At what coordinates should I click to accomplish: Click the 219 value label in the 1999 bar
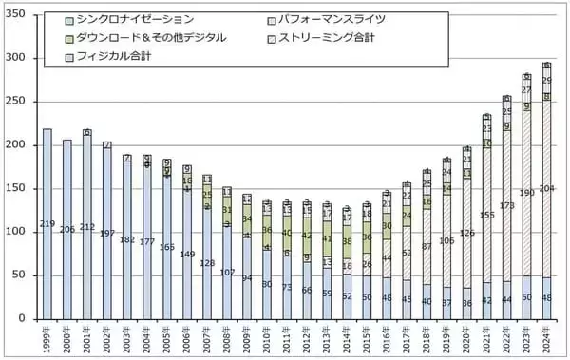47,224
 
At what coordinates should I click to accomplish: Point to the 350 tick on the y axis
19,14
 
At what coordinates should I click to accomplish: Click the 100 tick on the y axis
19,232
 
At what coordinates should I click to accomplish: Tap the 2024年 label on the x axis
545,336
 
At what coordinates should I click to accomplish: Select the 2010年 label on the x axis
266,336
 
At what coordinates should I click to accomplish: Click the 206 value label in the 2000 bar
67,230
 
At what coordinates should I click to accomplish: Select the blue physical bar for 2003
127,247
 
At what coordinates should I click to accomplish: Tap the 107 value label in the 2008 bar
227,273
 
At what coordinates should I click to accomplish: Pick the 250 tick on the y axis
19,102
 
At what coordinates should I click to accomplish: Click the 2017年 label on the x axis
406,336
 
